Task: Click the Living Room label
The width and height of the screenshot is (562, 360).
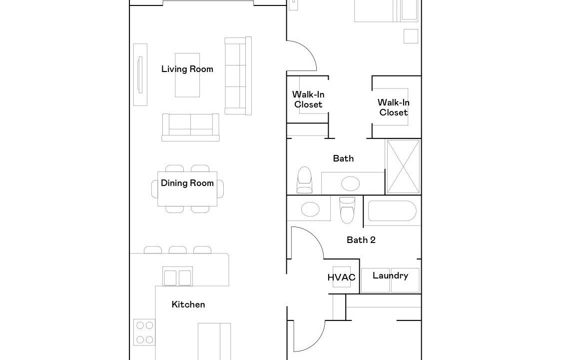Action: (x=187, y=69)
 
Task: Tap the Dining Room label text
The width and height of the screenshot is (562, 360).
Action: (x=187, y=183)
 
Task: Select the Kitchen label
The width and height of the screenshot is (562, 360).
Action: (x=188, y=304)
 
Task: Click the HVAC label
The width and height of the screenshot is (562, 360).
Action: (x=341, y=277)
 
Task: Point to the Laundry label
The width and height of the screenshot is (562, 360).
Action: (x=390, y=275)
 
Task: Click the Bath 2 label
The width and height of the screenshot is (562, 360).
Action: (x=361, y=240)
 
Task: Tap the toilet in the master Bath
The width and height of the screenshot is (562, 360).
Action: (x=305, y=180)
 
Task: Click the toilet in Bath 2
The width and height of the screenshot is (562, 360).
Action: (x=347, y=210)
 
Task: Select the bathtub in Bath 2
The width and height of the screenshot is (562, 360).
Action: (x=392, y=210)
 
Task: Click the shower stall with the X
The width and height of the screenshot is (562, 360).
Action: (x=403, y=166)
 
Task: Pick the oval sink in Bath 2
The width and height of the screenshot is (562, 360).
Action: (x=310, y=209)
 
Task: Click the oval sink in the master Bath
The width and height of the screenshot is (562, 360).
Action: (x=350, y=184)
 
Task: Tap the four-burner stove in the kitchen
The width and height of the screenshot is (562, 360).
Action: (x=144, y=332)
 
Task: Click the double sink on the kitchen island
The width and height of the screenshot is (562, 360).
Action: (x=177, y=276)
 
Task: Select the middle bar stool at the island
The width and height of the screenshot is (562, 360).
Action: (x=177, y=249)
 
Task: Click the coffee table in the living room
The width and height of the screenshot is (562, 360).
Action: (x=187, y=75)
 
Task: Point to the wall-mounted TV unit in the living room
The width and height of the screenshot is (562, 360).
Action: (x=140, y=74)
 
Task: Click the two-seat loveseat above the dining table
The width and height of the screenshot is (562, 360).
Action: (x=190, y=127)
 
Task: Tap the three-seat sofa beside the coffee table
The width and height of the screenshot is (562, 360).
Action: (x=238, y=75)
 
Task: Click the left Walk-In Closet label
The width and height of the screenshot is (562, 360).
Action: (x=308, y=99)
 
